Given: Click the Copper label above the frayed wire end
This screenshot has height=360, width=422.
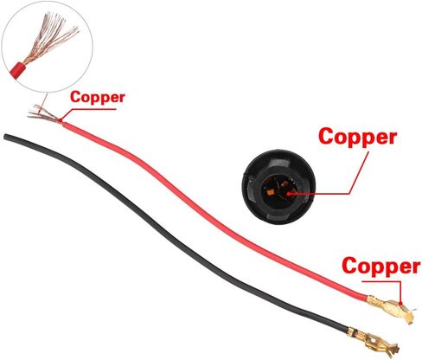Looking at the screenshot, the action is [x=98, y=98].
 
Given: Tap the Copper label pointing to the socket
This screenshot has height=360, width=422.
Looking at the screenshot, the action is [x=358, y=137].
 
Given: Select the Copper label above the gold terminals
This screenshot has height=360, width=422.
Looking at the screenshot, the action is [x=380, y=267].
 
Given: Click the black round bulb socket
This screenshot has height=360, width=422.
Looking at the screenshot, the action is [x=278, y=187].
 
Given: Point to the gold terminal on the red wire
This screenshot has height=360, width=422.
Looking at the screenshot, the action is [x=392, y=309].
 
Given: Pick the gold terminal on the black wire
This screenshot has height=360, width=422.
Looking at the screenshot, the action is [x=374, y=340].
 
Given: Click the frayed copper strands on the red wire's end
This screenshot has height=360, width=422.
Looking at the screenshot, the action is [x=44, y=114].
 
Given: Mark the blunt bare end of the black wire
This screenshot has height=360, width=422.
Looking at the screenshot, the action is [x=5, y=137].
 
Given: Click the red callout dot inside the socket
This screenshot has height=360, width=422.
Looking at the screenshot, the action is [x=290, y=194].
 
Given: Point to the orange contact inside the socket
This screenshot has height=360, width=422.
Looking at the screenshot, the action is [x=271, y=191].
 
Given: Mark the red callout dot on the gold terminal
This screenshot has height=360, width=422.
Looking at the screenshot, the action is [x=400, y=303].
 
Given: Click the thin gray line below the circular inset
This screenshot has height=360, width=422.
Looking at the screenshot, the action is [x=42, y=102].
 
